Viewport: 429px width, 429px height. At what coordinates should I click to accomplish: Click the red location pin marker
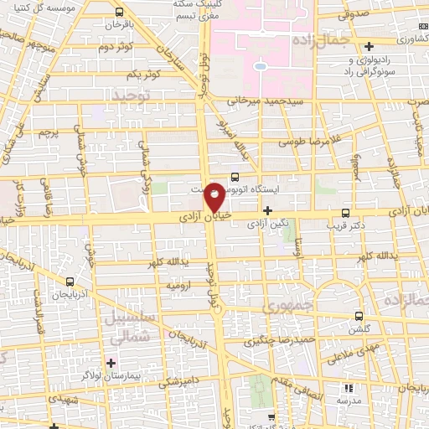click(214, 197)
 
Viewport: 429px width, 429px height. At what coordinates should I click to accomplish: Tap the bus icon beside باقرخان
click(119, 13)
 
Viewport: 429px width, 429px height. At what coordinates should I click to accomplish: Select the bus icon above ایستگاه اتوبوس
click(234, 177)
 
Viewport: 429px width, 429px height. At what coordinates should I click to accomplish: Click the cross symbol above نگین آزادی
click(267, 210)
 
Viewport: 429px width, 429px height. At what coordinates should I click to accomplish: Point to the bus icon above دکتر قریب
click(346, 213)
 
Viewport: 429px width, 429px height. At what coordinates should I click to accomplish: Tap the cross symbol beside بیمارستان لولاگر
click(111, 363)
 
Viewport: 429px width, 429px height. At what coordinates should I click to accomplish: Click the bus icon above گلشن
click(359, 317)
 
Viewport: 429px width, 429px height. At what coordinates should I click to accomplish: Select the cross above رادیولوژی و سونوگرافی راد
click(370, 44)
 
